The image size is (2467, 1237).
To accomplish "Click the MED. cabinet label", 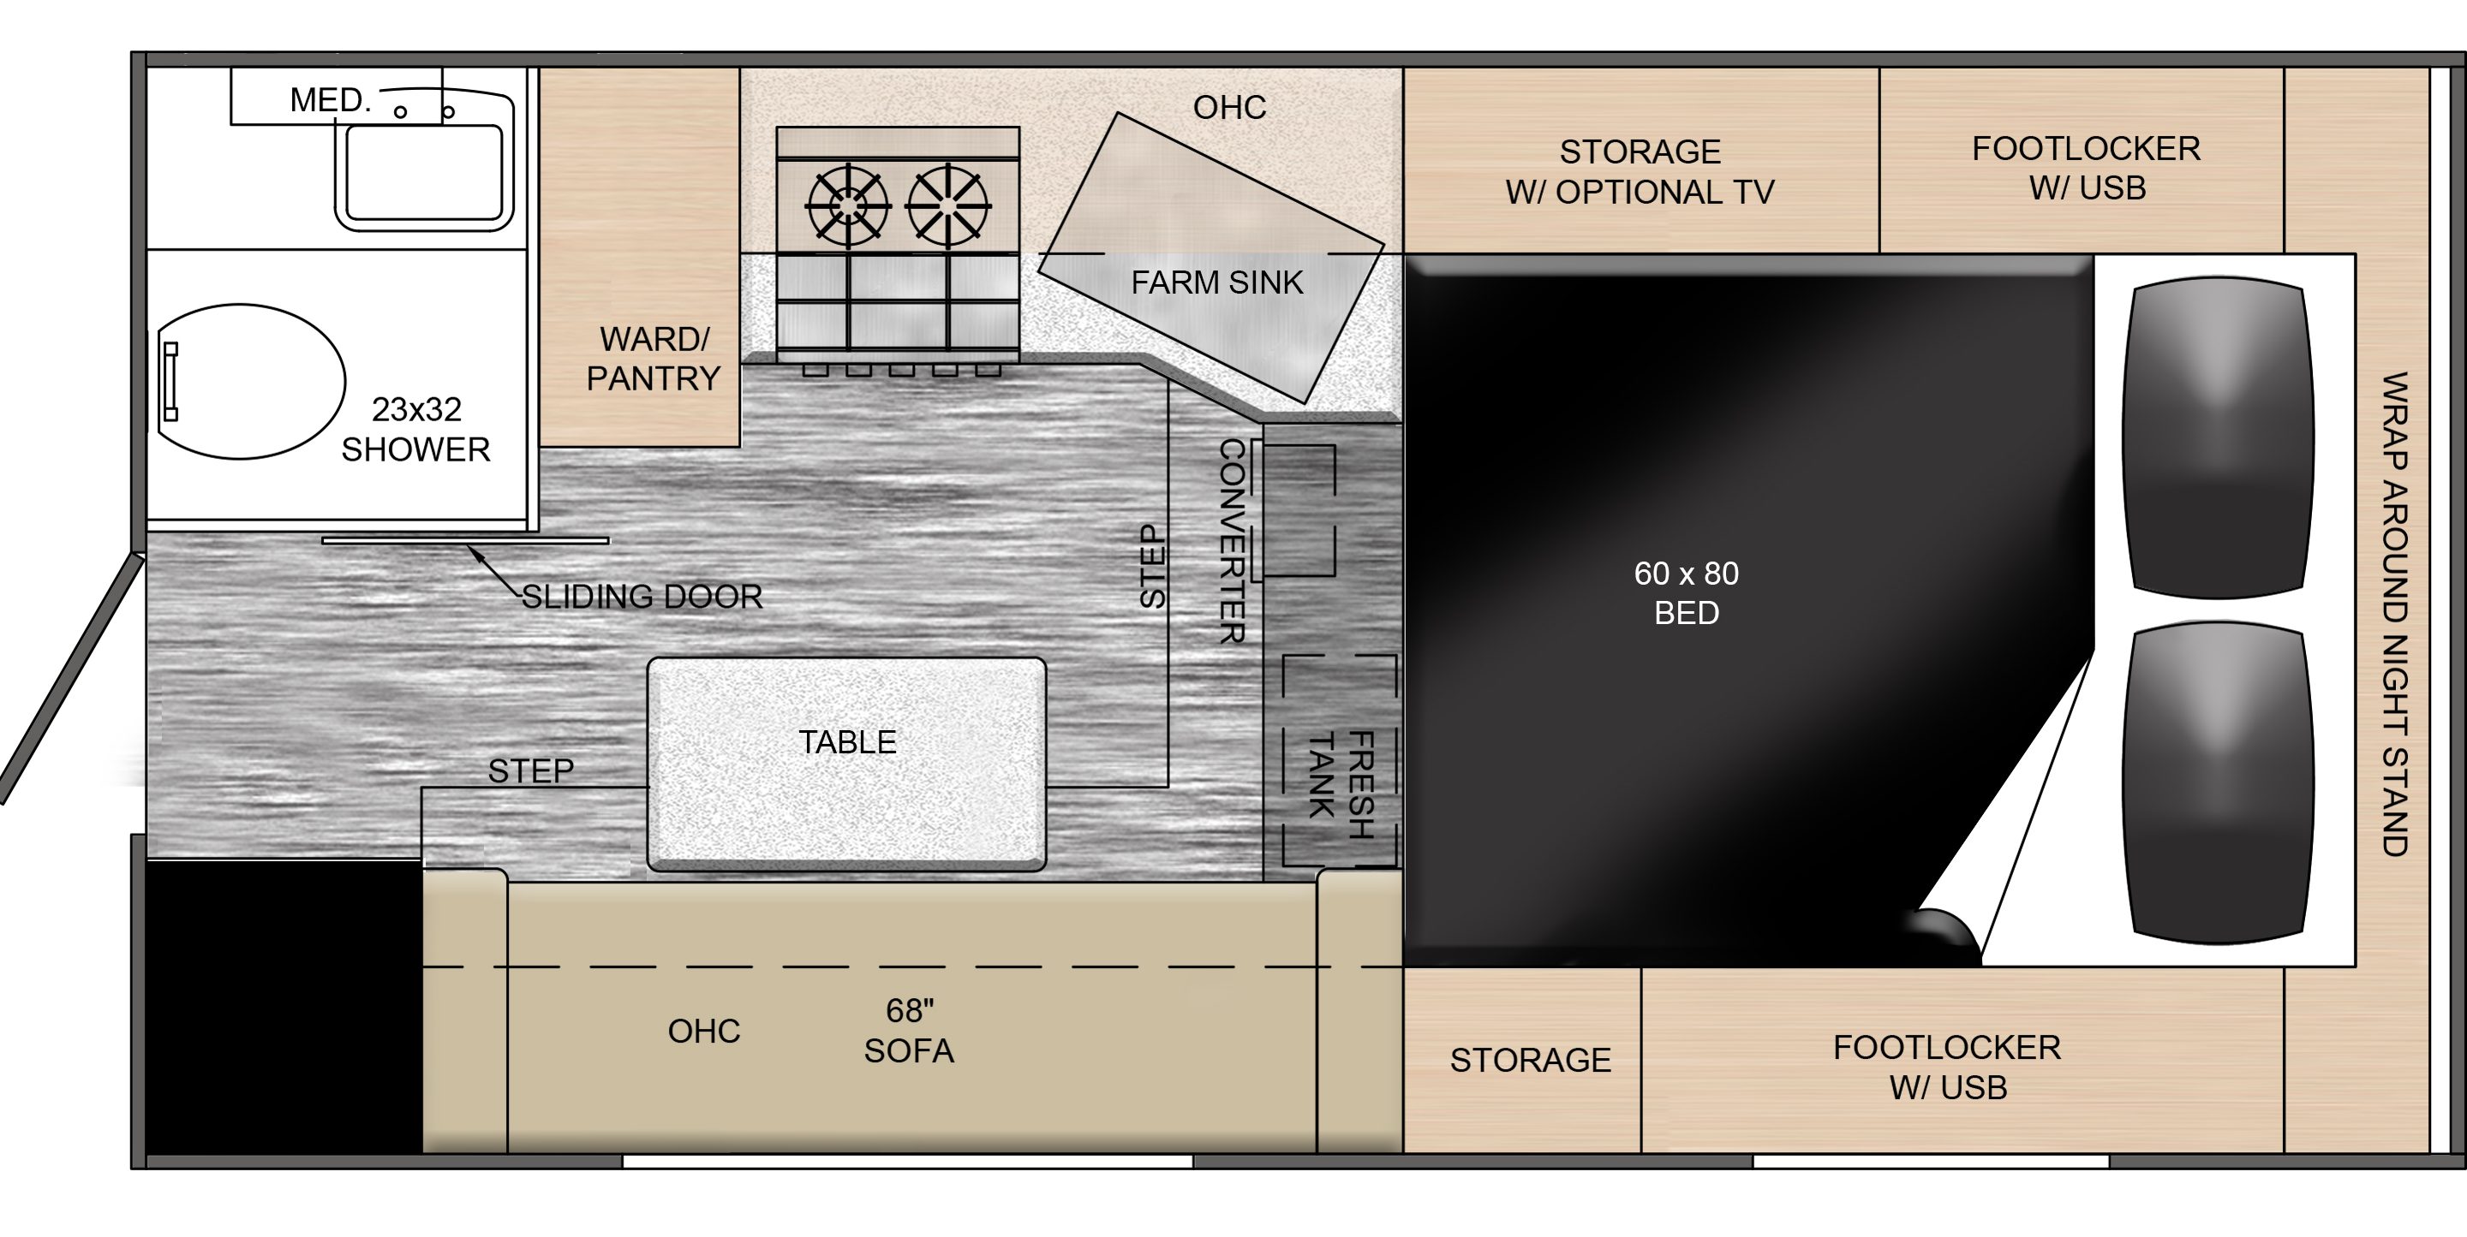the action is point(331,99).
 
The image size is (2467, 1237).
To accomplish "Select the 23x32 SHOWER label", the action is point(415,429).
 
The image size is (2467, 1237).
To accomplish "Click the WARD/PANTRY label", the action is point(653,359).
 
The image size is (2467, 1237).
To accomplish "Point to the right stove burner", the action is point(948,205).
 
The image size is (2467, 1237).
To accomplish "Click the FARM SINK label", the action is point(1217,282).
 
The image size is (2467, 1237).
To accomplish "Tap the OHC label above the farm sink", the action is point(1230,107).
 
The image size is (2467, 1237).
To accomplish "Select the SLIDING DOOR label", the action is point(642,597).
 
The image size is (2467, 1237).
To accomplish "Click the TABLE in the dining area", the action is point(846,764).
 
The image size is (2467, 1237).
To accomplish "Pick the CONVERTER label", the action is point(1233,541).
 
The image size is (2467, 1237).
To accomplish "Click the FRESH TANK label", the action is point(1341,784).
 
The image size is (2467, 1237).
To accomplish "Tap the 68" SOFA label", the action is point(909,1030).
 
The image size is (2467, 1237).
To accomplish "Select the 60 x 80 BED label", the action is point(1687,592).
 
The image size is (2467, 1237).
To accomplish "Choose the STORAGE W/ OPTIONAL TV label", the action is point(1640,171).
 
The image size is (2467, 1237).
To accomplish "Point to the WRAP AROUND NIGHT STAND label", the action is point(2394,614).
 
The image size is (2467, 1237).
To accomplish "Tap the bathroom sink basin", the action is point(423,173).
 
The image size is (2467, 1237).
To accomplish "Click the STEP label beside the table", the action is point(530,770).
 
